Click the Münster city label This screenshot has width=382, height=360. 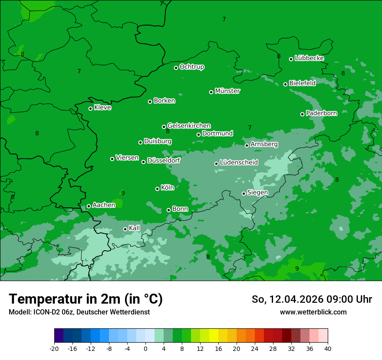pos(227,91)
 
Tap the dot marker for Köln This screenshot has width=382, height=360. pos(157,189)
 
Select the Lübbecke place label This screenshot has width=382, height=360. pos(309,58)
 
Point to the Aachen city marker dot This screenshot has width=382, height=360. pos(89,206)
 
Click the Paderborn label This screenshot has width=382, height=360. pos(321,113)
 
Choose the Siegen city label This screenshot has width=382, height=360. pos(257,193)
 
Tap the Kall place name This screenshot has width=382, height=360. pos(135,228)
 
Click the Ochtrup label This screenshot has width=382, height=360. pos(191,67)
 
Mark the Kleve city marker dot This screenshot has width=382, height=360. pos(90,108)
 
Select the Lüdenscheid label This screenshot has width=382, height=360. pos(239,163)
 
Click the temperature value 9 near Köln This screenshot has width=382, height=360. pos(123,193)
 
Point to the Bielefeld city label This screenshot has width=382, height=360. pos(302,83)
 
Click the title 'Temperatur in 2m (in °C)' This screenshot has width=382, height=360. pos(86,299)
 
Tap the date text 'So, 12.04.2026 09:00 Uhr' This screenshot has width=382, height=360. pos(312,299)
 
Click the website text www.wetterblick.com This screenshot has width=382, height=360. pos(313,312)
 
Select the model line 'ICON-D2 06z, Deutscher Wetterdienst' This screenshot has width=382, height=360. pos(79,312)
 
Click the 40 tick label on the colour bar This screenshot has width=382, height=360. pos(328,349)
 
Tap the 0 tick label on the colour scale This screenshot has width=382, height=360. pos(145,349)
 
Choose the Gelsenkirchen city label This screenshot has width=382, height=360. pos(189,126)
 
